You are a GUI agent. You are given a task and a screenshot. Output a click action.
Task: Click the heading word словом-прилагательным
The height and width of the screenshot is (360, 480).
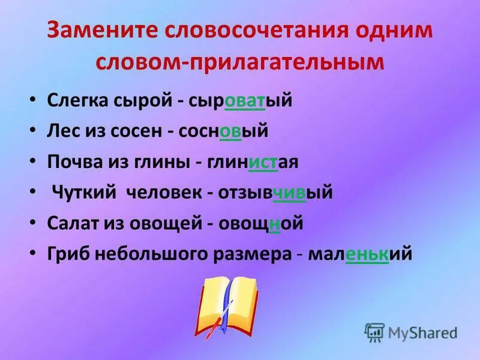[240, 62]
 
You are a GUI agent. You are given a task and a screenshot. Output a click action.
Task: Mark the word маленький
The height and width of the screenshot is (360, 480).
[360, 254]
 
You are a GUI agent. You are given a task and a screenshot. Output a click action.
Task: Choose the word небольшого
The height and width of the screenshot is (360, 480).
[149, 254]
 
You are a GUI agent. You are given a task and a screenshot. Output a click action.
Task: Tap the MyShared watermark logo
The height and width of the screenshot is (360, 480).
[411, 332]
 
